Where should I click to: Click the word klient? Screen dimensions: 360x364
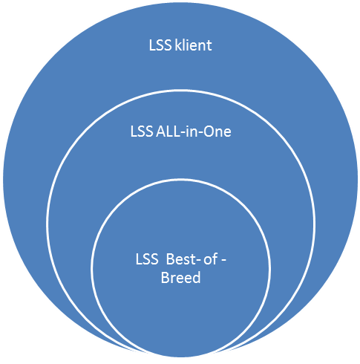(193, 45)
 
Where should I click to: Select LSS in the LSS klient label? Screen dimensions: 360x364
(160, 45)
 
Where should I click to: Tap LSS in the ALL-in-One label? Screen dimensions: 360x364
(142, 131)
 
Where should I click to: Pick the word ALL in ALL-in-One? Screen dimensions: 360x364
(168, 131)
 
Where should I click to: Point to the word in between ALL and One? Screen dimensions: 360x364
(192, 131)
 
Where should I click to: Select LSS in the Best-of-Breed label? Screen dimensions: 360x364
(147, 259)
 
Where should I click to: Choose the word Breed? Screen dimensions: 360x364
(180, 277)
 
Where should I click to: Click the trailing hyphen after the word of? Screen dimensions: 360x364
(223, 261)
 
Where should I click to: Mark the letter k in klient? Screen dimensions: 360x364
(178, 45)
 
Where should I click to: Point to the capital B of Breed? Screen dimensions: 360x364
(165, 278)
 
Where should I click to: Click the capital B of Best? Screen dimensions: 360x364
(170, 260)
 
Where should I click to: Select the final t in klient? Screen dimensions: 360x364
(209, 46)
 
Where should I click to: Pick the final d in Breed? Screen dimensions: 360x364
(197, 277)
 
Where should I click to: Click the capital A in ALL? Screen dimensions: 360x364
(161, 131)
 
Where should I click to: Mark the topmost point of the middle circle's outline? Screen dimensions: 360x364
(180, 90)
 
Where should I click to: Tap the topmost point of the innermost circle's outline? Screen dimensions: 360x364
(180, 179)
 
